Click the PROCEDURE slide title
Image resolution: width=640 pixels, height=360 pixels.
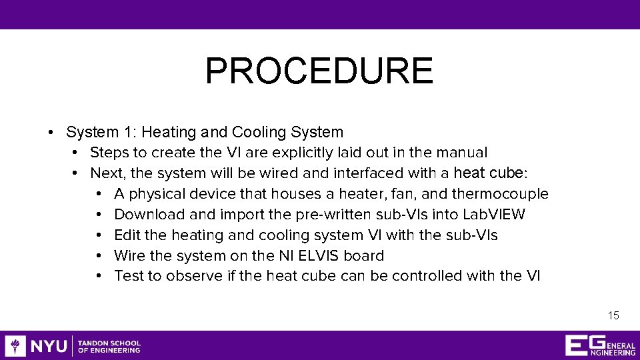click(319, 71)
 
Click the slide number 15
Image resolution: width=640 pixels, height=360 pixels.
click(613, 315)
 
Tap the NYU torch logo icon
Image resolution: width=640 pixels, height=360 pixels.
click(15, 345)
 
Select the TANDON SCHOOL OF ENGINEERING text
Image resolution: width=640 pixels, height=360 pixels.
click(109, 346)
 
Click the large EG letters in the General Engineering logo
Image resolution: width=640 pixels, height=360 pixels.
click(577, 345)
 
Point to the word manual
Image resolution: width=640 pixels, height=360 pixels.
click(464, 153)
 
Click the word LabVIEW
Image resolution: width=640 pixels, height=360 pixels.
click(496, 215)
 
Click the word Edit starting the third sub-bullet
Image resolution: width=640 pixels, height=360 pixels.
click(127, 235)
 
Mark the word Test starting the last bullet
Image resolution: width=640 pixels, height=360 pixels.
click(128, 276)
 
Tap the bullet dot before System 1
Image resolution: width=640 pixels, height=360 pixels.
click(51, 133)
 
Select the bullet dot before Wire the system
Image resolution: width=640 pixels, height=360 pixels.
click(98, 256)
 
